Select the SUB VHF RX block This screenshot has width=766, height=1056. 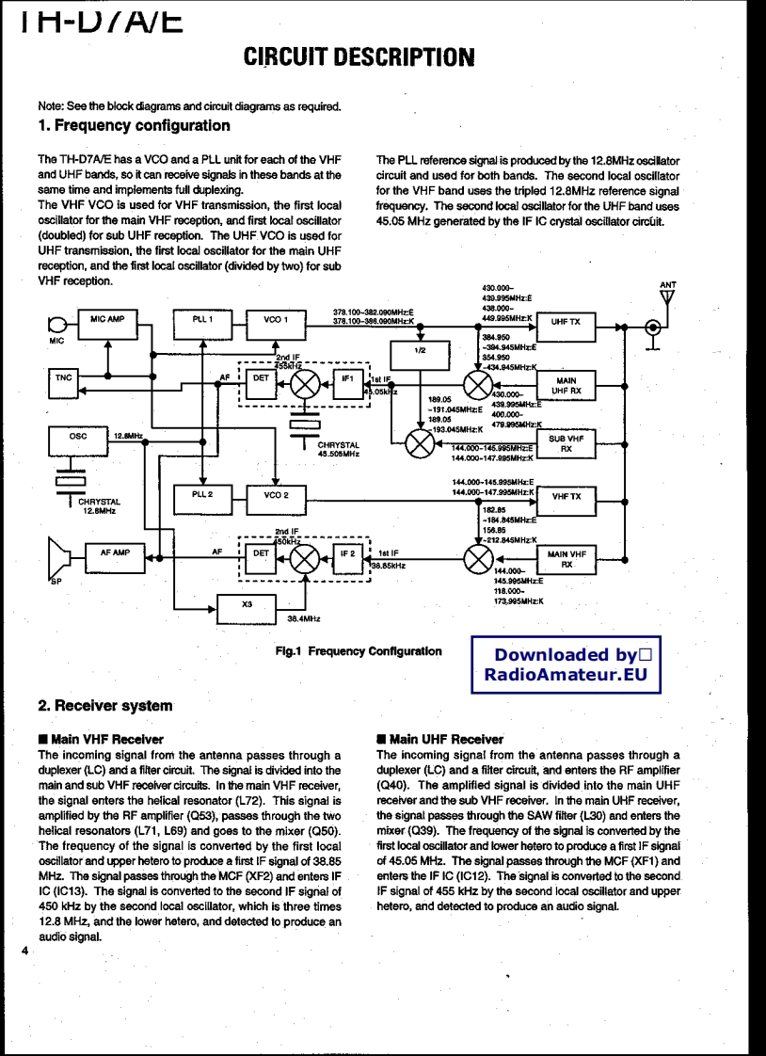(567, 444)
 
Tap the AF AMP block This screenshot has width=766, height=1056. (115, 558)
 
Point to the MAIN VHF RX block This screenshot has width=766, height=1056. (567, 560)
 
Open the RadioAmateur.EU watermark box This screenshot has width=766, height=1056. (567, 664)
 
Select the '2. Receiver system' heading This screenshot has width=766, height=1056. (105, 705)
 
